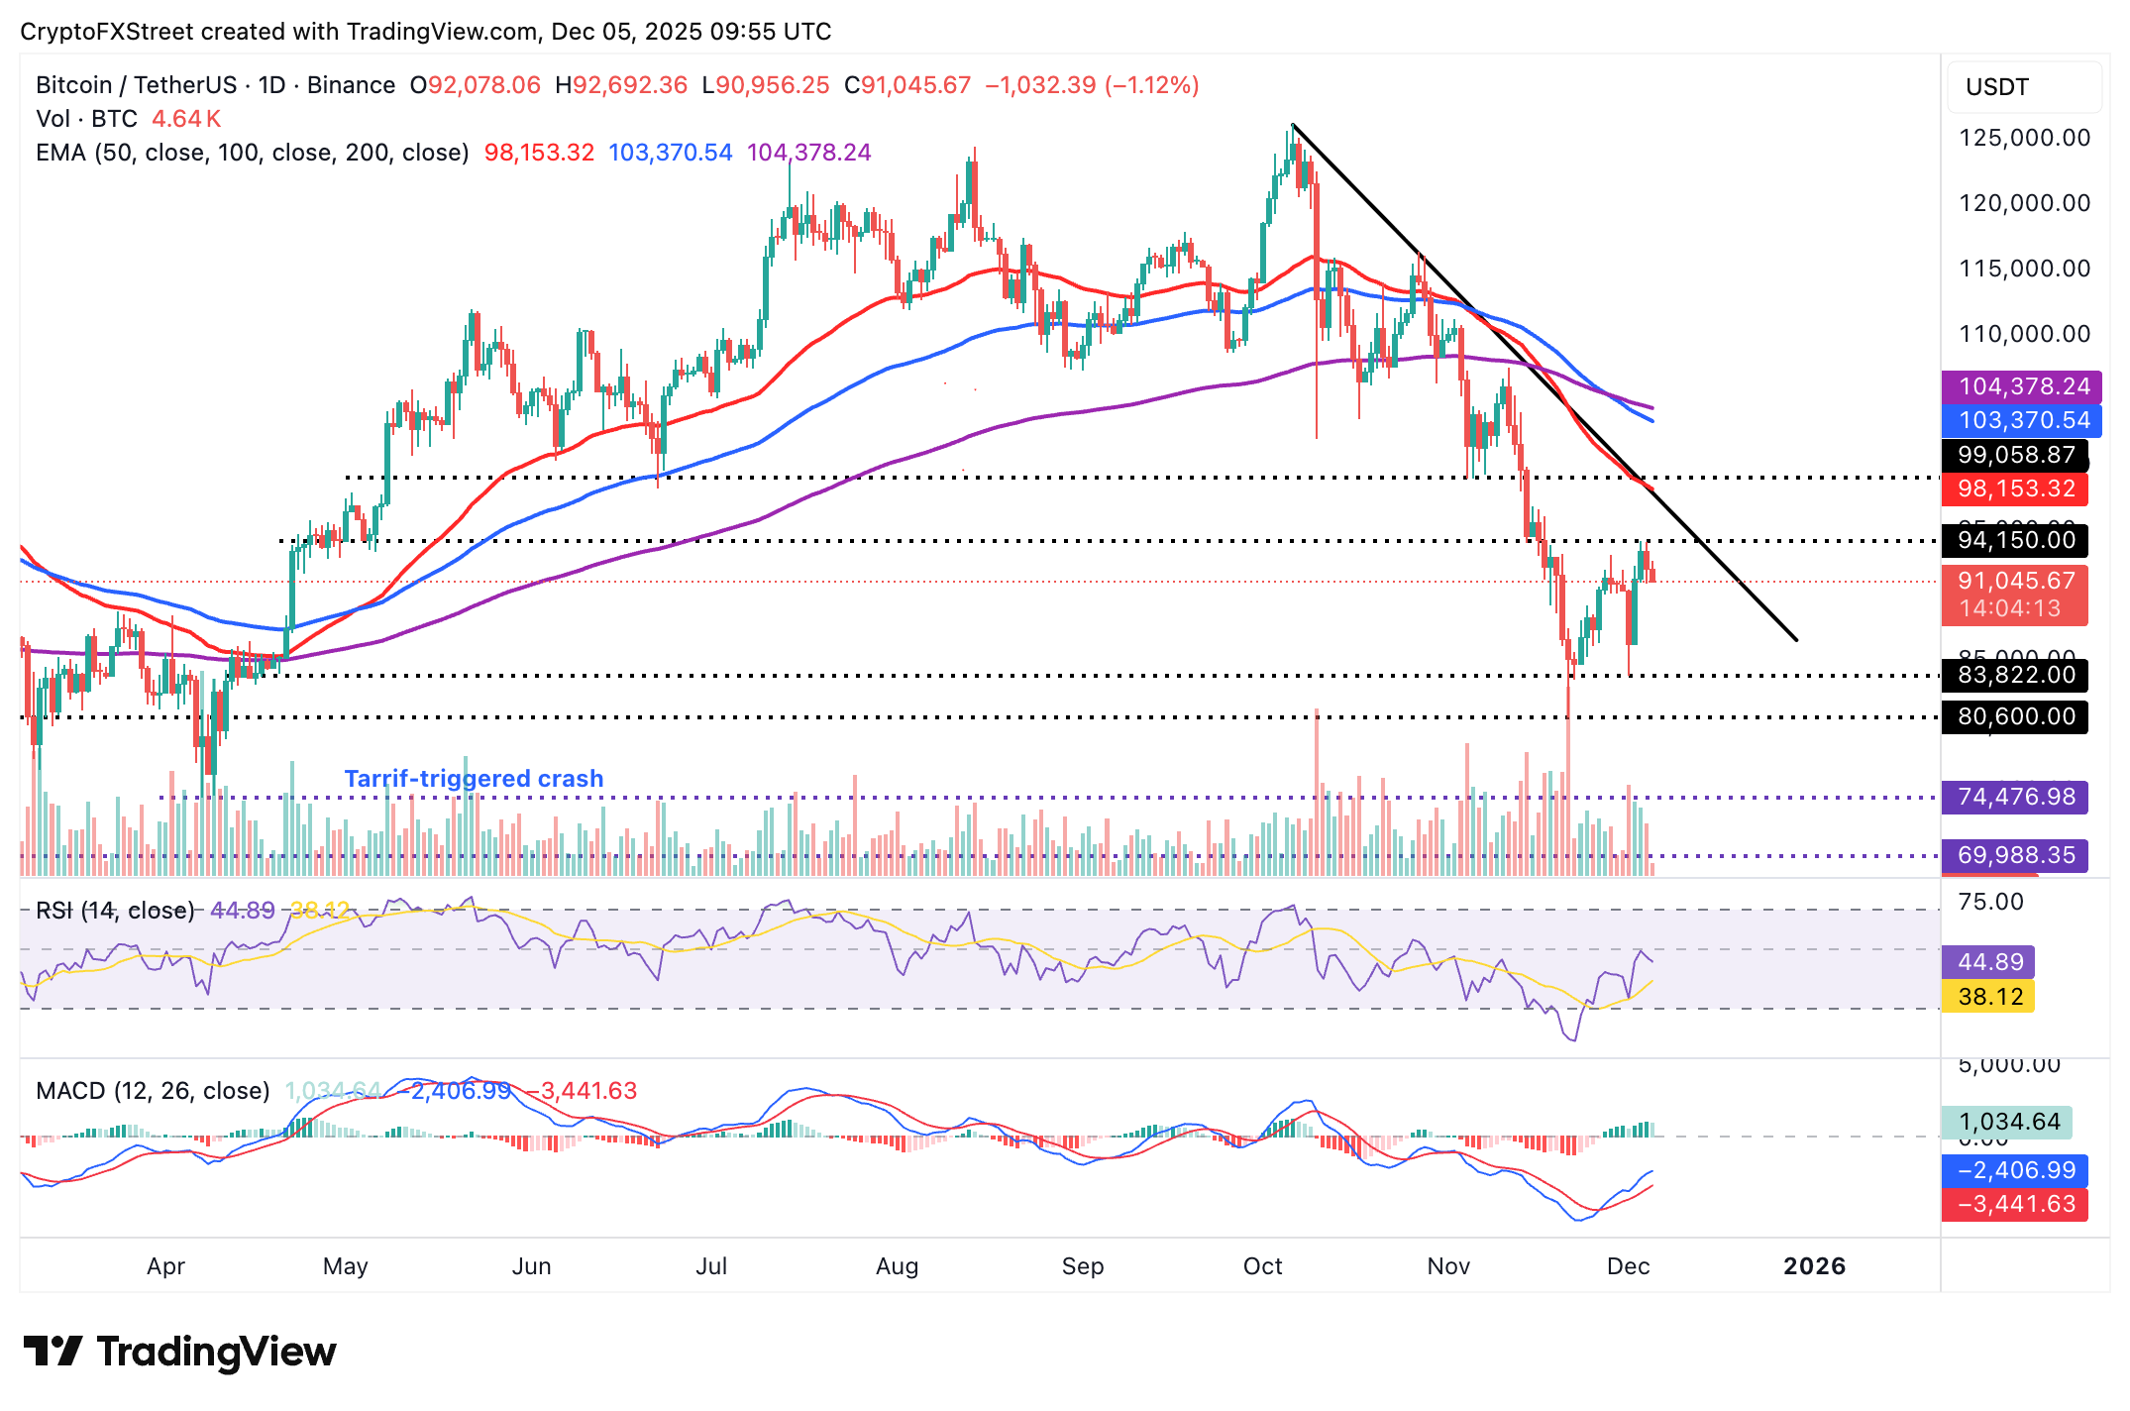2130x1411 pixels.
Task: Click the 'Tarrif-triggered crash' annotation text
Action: pos(474,779)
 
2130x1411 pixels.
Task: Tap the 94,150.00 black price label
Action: pos(2015,540)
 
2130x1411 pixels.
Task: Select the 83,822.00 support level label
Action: pos(2015,675)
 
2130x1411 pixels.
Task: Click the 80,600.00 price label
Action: pos(2015,716)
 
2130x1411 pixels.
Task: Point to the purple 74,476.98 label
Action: pos(2015,797)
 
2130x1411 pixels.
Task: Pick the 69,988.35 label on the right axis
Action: pos(2015,855)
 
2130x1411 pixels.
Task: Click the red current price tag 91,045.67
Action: pos(2015,582)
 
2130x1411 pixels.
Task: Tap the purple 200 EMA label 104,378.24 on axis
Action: pos(2021,386)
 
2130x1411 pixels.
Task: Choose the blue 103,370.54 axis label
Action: pos(2021,420)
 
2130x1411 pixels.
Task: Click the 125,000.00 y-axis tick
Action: pos(2024,138)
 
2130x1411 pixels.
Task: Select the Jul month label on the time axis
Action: pos(711,1266)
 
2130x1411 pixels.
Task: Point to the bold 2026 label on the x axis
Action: pos(1814,1266)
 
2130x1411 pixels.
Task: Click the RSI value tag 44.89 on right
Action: pos(1989,962)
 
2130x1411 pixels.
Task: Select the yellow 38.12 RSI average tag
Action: pos(1989,996)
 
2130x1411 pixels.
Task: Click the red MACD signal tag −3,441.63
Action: pos(2015,1204)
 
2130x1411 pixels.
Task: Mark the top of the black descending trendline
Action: pos(1293,125)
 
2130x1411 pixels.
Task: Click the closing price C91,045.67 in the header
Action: pos(906,85)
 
